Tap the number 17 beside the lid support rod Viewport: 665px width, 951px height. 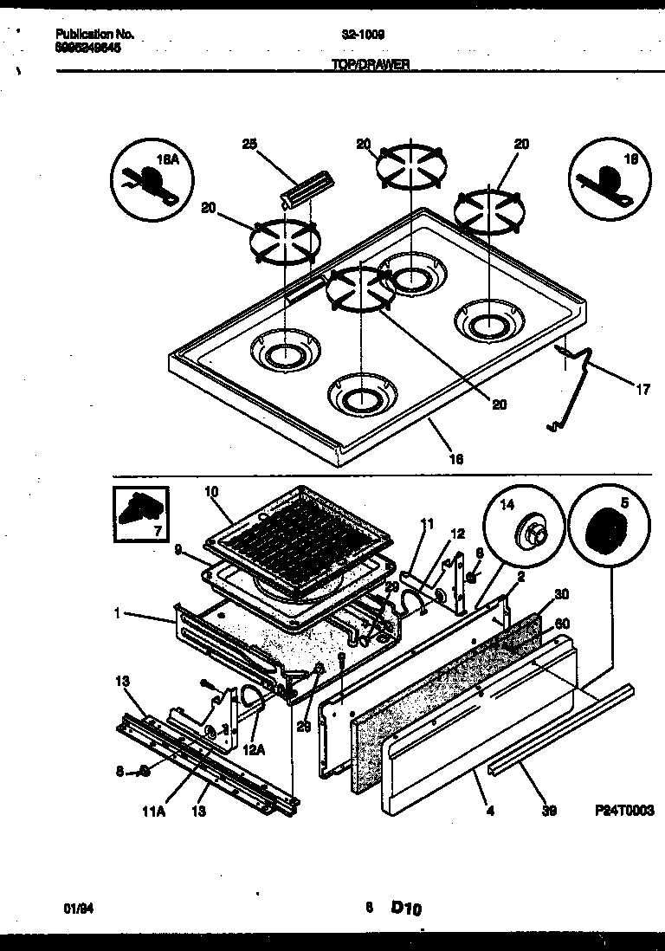coord(642,390)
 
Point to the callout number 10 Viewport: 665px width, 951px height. coord(211,492)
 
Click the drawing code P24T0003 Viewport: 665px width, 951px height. coord(624,811)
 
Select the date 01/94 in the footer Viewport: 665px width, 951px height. coord(78,907)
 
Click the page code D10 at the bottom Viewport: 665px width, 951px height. coord(405,908)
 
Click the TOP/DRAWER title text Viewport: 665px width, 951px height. coord(371,64)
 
